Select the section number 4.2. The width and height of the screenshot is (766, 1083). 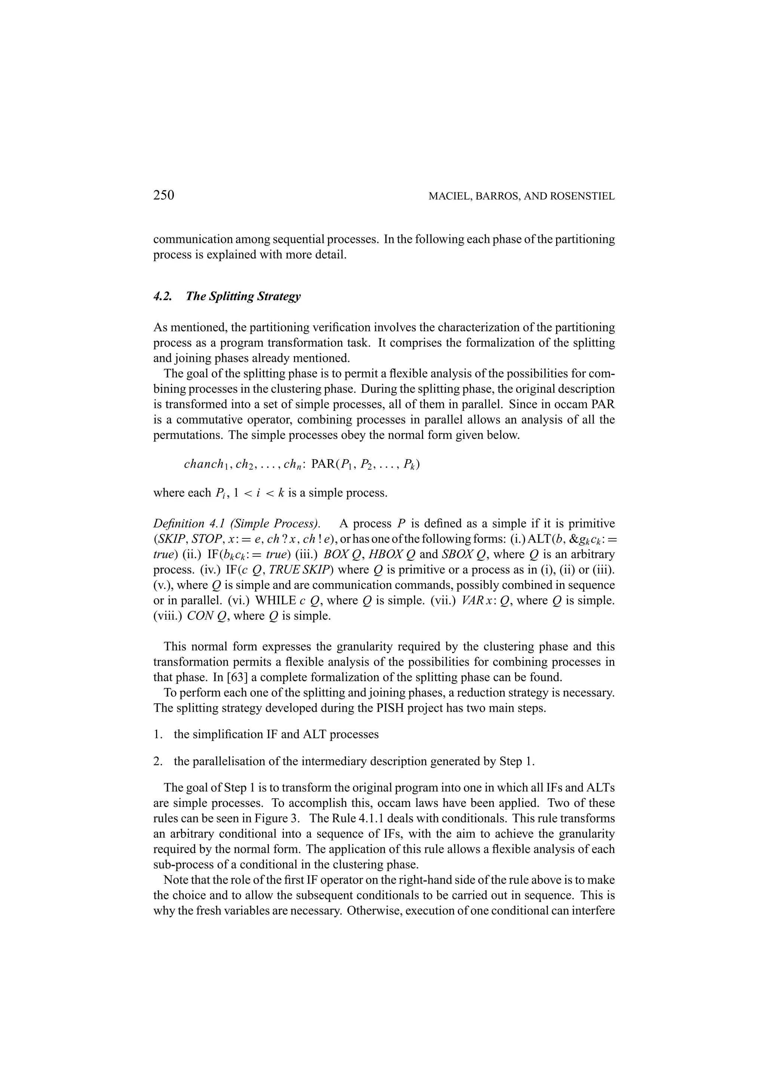tap(163, 296)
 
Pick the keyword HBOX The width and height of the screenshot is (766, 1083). tap(384, 554)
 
